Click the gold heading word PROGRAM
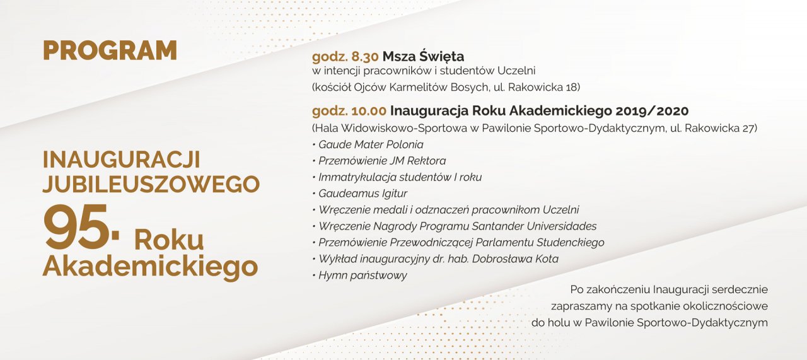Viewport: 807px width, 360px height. pyautogui.click(x=110, y=50)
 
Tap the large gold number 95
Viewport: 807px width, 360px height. pyautogui.click(x=76, y=226)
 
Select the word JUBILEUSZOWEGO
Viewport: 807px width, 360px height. pyautogui.click(x=151, y=184)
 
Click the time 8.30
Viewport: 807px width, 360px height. pyautogui.click(x=364, y=57)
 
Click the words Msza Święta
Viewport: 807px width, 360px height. pyautogui.click(x=423, y=56)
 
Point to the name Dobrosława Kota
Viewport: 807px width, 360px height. pyautogui.click(x=515, y=258)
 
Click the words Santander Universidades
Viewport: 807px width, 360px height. pyautogui.click(x=534, y=226)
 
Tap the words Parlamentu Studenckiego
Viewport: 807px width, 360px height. pyautogui.click(x=540, y=243)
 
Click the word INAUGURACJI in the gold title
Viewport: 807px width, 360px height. pyautogui.click(x=122, y=160)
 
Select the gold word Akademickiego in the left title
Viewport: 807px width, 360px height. pyautogui.click(x=150, y=267)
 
